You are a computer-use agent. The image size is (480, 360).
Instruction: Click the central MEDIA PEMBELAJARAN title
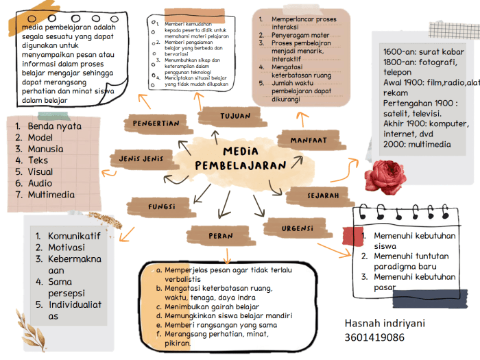pyautogui.click(x=240, y=158)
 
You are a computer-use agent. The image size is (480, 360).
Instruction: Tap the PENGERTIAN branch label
pyautogui.click(x=156, y=123)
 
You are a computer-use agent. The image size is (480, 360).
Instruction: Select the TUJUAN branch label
pyautogui.click(x=235, y=117)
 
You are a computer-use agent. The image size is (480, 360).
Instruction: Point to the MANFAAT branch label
pyautogui.click(x=308, y=140)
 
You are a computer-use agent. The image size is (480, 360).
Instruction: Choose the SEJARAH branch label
pyautogui.click(x=322, y=195)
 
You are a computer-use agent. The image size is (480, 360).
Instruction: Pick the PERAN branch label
pyautogui.click(x=221, y=236)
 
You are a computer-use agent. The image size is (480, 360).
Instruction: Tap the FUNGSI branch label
pyautogui.click(x=162, y=206)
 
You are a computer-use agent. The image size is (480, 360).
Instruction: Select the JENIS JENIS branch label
pyautogui.click(x=141, y=158)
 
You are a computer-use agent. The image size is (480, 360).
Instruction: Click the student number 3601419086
pyautogui.click(x=374, y=337)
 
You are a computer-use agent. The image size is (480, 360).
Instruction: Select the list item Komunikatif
pyautogui.click(x=74, y=237)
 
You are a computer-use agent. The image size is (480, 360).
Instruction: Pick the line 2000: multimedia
pyautogui.click(x=417, y=144)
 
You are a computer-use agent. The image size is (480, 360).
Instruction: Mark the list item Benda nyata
pyautogui.click(x=54, y=126)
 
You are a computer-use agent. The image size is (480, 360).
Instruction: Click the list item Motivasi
pyautogui.click(x=67, y=248)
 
